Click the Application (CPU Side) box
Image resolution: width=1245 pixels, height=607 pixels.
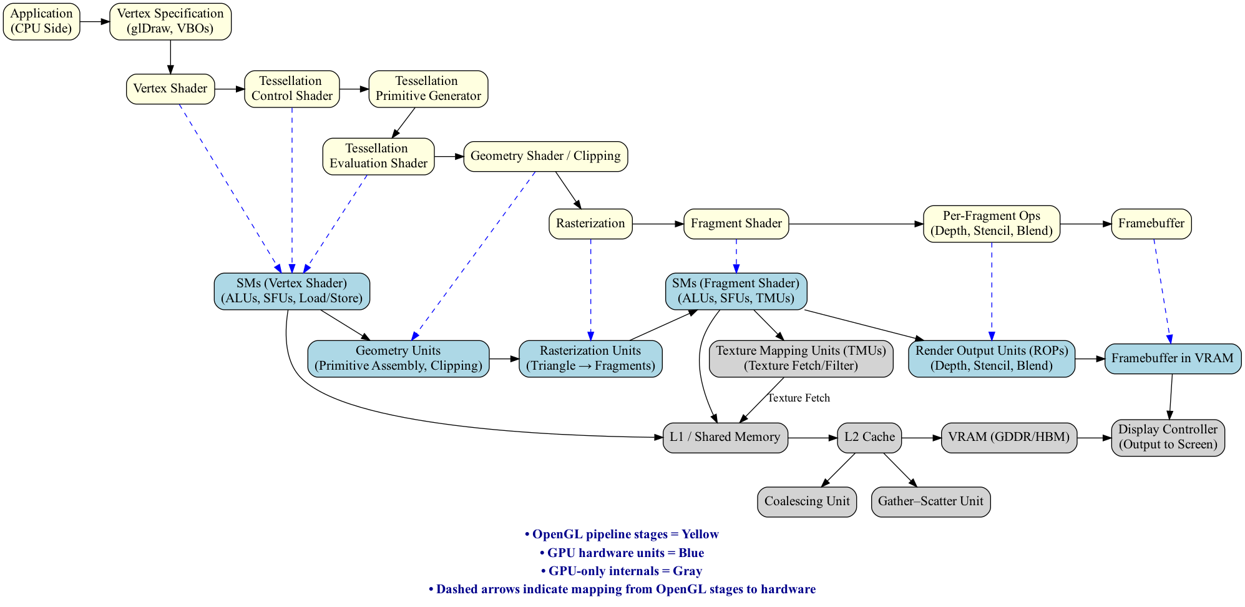click(41, 21)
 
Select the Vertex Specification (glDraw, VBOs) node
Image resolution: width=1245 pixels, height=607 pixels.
click(170, 21)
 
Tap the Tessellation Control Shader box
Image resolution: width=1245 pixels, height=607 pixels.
click(291, 89)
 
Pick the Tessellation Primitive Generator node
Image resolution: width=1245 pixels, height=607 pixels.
click(428, 89)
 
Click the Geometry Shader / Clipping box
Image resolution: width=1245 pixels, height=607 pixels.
click(545, 156)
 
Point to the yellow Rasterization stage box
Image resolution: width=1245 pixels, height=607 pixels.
click(590, 224)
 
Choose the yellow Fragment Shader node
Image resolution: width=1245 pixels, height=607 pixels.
click(736, 224)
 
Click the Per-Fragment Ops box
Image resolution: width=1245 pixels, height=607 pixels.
click(991, 224)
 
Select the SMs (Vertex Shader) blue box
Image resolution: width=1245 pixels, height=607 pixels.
click(291, 291)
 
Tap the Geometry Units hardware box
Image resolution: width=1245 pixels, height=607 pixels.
click(398, 358)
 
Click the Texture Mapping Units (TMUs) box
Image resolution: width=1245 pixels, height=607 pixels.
click(801, 358)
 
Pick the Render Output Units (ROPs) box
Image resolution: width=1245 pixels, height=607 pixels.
click(991, 358)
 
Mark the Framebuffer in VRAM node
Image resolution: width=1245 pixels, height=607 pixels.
click(1172, 358)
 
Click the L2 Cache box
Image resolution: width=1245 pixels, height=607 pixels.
click(869, 437)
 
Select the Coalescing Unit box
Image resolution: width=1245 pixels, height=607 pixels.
click(806, 501)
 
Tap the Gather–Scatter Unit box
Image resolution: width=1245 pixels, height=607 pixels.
click(930, 501)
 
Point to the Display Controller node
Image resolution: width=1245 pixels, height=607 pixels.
click(1167, 437)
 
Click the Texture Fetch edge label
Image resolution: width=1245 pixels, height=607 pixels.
click(798, 398)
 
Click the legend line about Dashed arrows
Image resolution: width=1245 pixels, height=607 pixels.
click(622, 590)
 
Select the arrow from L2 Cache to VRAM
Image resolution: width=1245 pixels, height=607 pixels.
click(921, 438)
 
